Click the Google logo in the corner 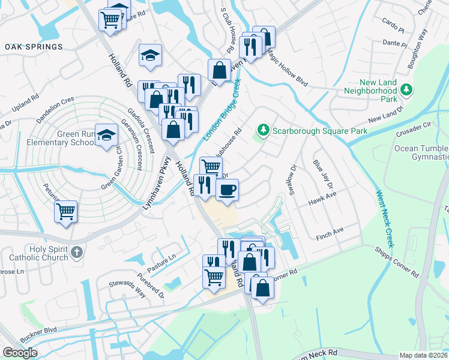(x=20, y=353)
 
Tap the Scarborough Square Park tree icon (x=262, y=130)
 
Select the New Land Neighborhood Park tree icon (x=407, y=89)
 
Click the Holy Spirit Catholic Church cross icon (x=76, y=253)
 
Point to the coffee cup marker (x=227, y=190)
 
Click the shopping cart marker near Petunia (x=65, y=211)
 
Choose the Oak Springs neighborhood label (x=34, y=47)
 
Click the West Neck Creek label (x=384, y=219)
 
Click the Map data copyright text (x=424, y=355)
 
